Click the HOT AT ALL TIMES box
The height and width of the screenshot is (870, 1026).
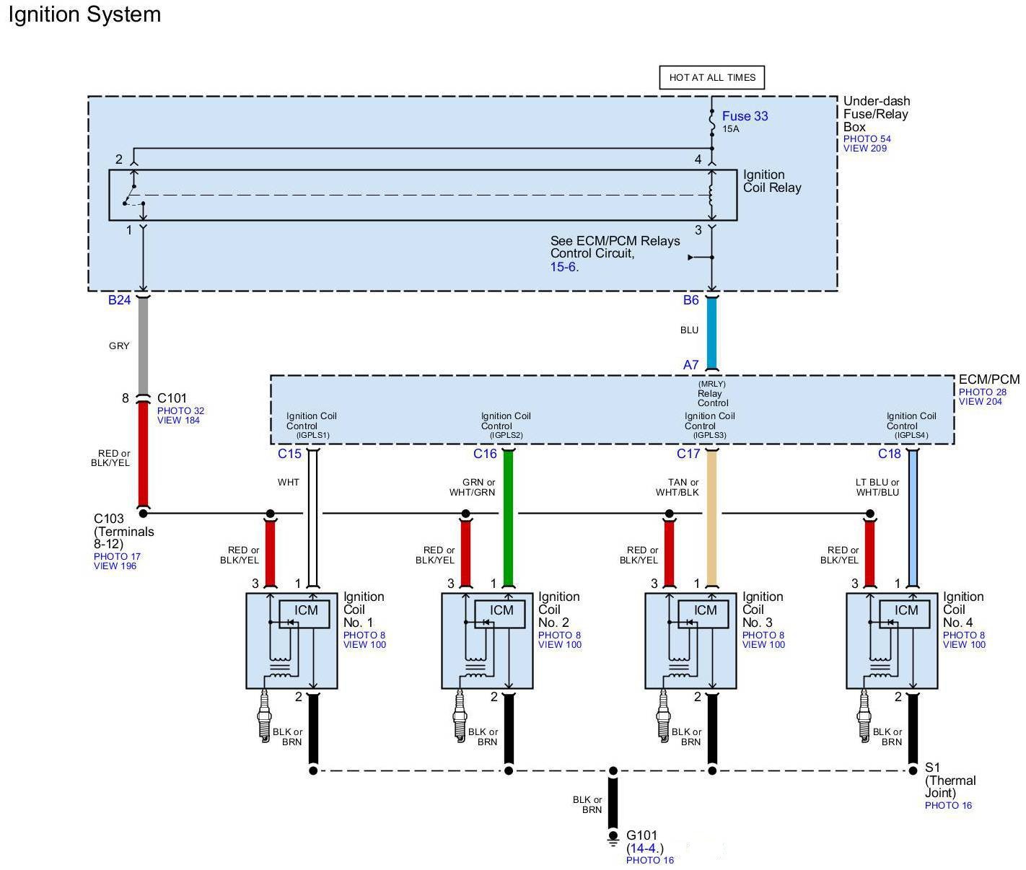[711, 78]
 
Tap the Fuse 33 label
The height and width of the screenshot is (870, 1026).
[745, 116]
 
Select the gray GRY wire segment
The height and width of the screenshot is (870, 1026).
[143, 346]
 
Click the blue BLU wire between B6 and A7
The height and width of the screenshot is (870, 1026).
[711, 332]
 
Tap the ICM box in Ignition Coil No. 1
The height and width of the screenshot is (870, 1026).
[306, 610]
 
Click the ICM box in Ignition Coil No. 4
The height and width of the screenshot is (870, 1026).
[906, 610]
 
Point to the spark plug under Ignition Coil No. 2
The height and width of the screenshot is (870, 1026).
[460, 714]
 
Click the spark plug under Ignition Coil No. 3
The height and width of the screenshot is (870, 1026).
[663, 714]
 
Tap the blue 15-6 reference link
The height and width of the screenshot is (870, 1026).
[564, 267]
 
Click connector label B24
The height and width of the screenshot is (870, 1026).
[119, 300]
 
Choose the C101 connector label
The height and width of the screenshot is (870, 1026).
[172, 398]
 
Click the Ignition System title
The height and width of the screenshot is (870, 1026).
[84, 15]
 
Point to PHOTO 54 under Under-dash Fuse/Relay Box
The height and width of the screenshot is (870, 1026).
[867, 139]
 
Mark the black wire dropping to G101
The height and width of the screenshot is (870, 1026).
[613, 801]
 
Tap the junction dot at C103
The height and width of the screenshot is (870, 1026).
[143, 513]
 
